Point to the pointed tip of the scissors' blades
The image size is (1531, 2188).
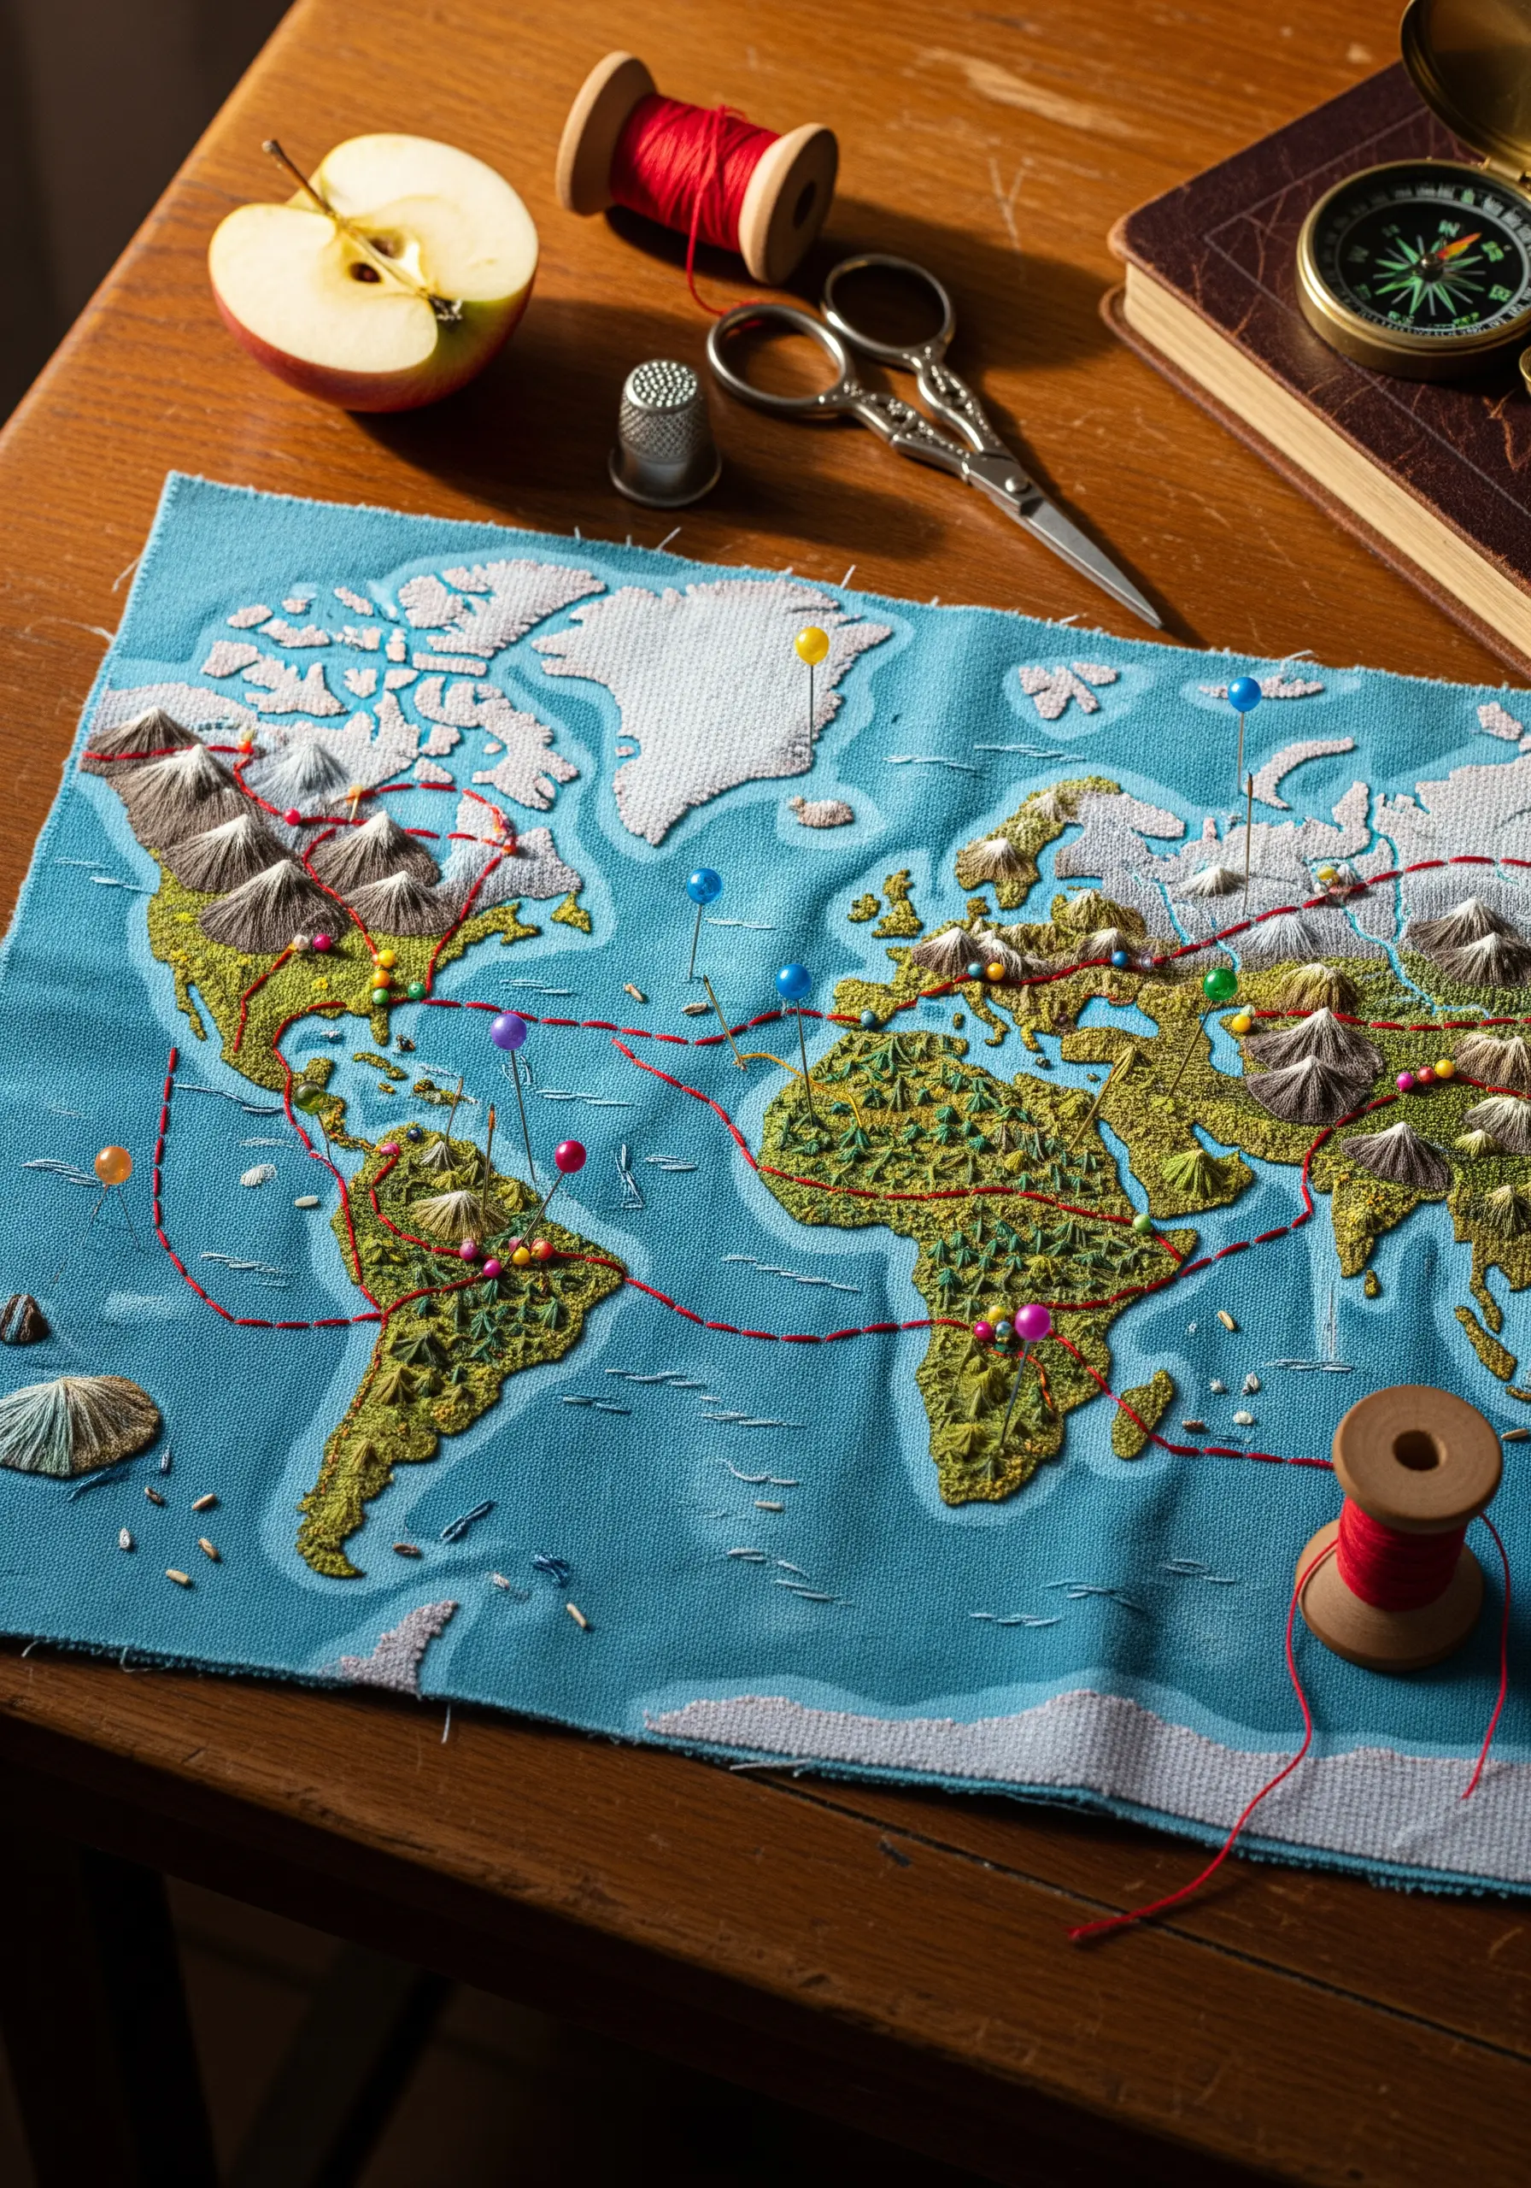pyautogui.click(x=1155, y=621)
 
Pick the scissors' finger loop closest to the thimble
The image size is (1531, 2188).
pyautogui.click(x=776, y=353)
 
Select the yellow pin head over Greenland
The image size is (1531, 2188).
pyautogui.click(x=812, y=645)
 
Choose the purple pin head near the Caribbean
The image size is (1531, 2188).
pyautogui.click(x=508, y=1031)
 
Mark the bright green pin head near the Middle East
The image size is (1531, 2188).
pyautogui.click(x=1219, y=984)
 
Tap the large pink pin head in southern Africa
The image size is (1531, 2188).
pyautogui.click(x=1032, y=1321)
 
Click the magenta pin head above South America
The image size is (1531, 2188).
pyautogui.click(x=570, y=1156)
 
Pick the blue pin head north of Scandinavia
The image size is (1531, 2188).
pyautogui.click(x=1243, y=694)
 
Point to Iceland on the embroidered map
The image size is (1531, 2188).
pyautogui.click(x=822, y=812)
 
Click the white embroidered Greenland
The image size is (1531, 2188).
pyautogui.click(x=705, y=686)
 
